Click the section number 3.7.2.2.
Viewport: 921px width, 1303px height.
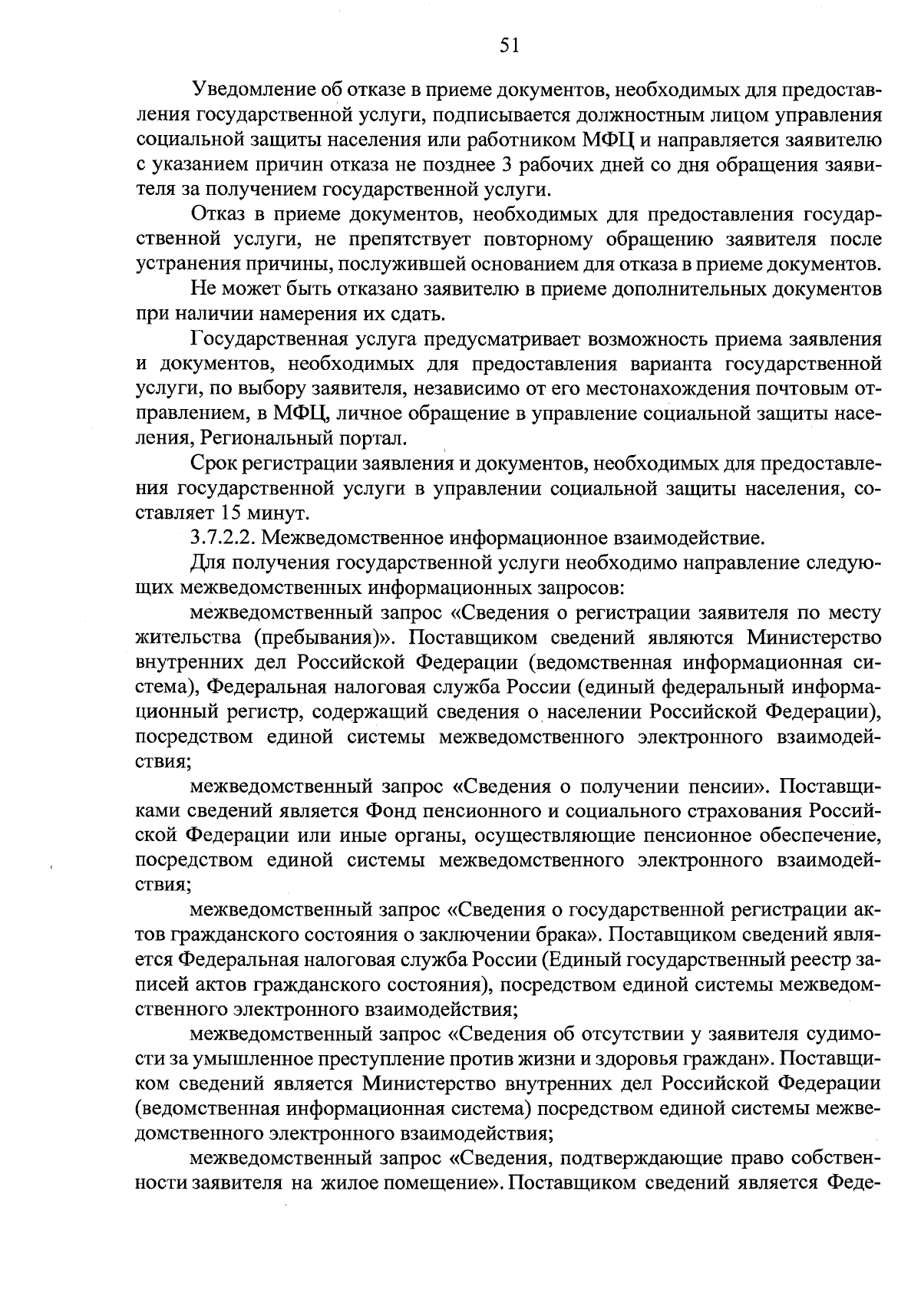click(x=222, y=538)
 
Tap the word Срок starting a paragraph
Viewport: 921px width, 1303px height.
click(x=213, y=463)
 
